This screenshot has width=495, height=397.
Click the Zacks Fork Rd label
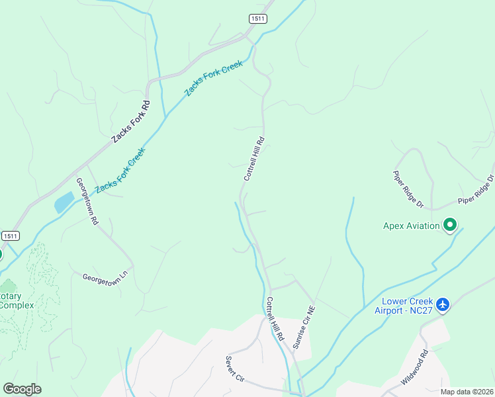tap(131, 121)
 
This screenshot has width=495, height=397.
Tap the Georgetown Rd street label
tap(87, 202)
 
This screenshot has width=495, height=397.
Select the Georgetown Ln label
tap(108, 276)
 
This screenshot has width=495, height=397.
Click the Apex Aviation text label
tap(412, 226)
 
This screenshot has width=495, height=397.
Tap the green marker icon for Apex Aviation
tap(450, 225)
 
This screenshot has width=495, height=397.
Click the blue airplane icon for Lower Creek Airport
tap(443, 305)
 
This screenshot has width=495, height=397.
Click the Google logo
tap(22, 389)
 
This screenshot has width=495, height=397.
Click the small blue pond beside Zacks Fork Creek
tap(64, 202)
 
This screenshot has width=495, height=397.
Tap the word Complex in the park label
tap(17, 305)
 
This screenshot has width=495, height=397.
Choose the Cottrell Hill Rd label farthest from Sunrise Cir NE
tap(254, 159)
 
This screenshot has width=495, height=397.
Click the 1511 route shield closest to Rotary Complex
tap(10, 236)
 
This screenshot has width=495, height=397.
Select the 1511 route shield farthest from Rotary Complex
tap(258, 19)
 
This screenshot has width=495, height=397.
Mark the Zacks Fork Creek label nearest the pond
tap(120, 171)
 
